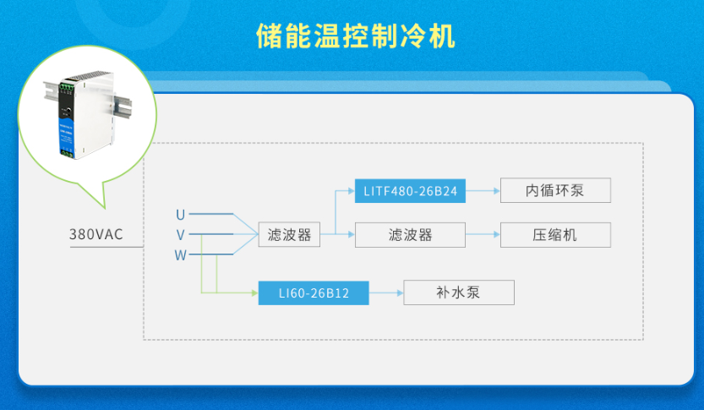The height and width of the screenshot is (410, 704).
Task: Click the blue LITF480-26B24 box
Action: (410, 191)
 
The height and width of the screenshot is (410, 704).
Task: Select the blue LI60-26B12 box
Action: (314, 293)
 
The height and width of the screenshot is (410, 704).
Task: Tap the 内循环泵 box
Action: (554, 191)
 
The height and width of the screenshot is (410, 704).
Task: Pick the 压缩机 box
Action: (554, 235)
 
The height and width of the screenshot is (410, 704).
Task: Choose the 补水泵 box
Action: (458, 293)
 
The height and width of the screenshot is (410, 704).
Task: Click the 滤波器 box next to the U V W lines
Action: (289, 235)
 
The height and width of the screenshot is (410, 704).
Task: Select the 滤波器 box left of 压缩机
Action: (410, 235)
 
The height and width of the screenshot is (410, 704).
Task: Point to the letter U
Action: (180, 214)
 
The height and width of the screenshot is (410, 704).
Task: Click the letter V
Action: (180, 234)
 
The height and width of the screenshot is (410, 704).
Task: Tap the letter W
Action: (180, 255)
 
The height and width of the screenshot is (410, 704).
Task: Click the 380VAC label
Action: (96, 234)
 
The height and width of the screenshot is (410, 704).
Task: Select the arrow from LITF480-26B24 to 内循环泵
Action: (483, 191)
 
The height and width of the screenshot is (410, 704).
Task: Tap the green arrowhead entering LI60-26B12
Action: (253, 293)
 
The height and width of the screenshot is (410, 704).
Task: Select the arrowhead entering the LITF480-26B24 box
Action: (350, 191)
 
